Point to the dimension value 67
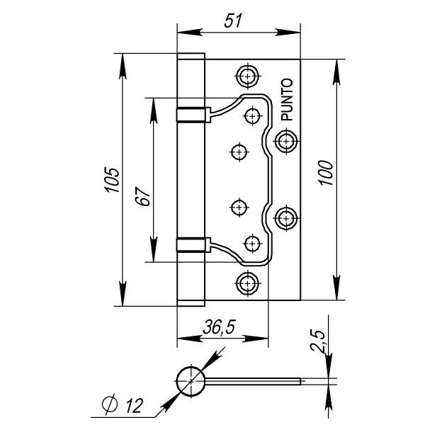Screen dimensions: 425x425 tap(142, 197)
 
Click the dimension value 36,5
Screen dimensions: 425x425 tap(219, 328)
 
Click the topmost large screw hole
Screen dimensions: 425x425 tap(248, 76)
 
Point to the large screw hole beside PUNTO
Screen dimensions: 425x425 tap(285, 141)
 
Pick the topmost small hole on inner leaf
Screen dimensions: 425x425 tap(253, 114)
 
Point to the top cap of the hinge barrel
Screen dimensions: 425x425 tap(191, 56)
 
